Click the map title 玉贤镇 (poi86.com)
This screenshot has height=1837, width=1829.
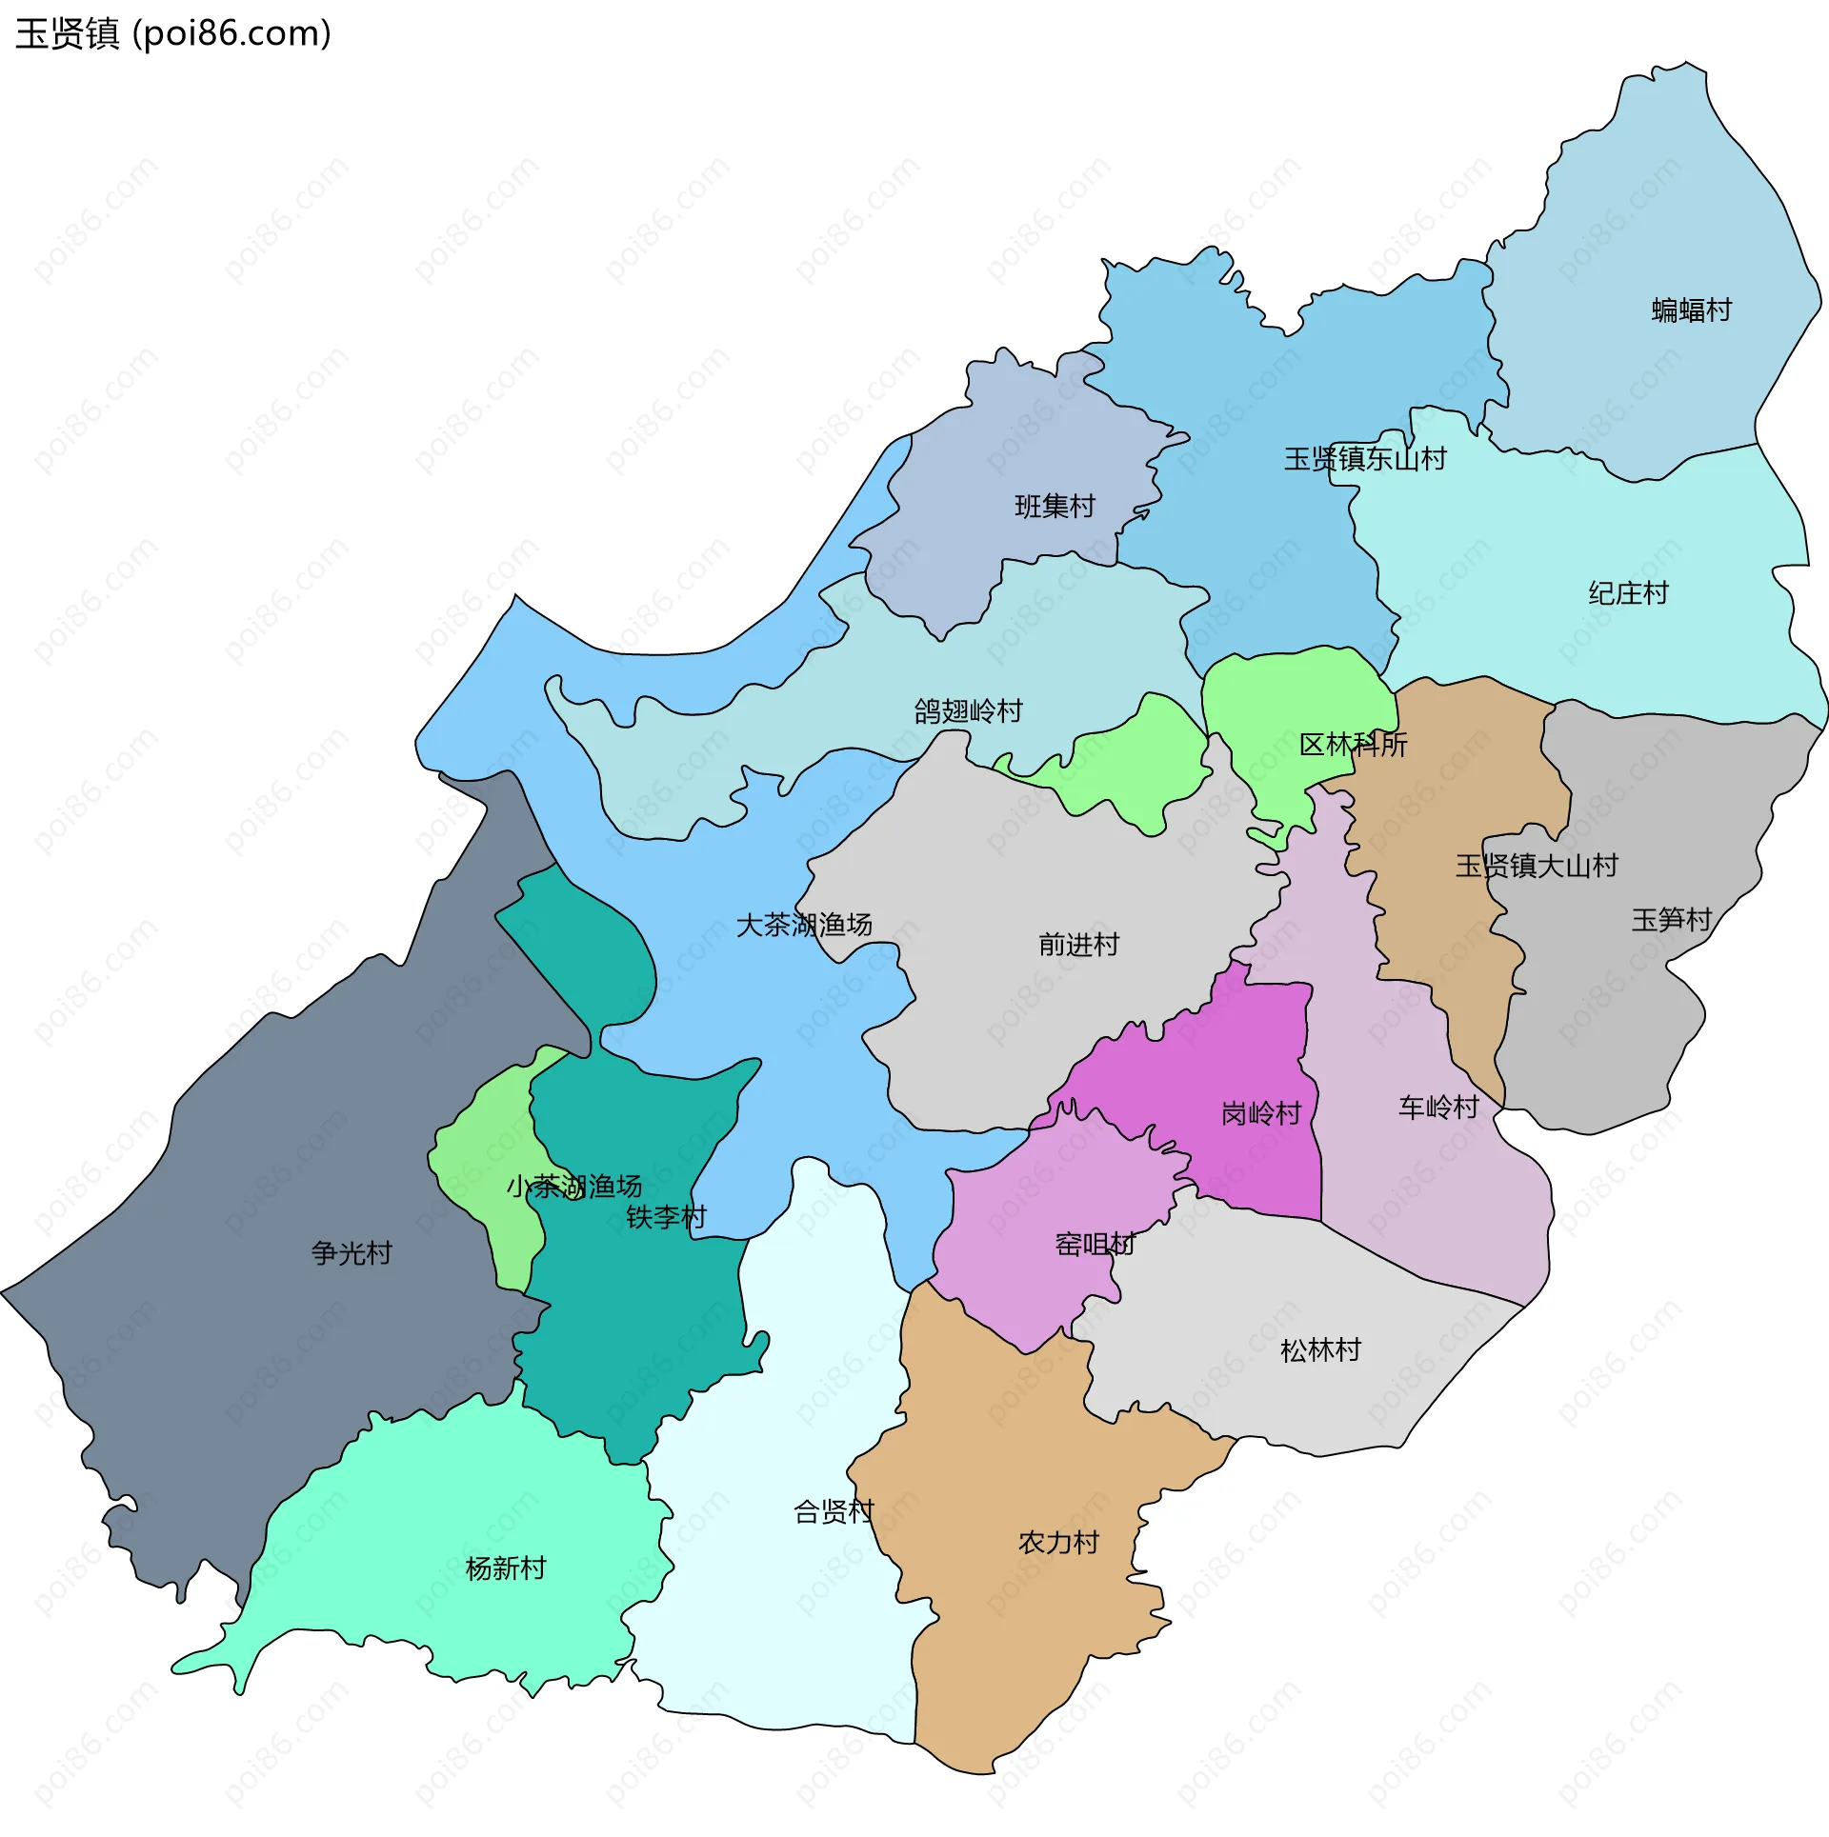[173, 34]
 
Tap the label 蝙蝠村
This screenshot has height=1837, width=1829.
[1691, 310]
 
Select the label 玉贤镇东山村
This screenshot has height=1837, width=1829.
[1364, 459]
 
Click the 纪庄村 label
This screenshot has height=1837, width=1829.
[1628, 593]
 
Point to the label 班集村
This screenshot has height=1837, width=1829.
[1055, 506]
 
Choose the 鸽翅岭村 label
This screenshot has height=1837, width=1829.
[968, 710]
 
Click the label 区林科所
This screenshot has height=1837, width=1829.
[1353, 745]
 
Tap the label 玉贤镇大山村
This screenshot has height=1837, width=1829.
[1536, 866]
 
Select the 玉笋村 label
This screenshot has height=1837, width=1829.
[1671, 920]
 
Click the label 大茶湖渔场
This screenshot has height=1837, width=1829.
[804, 925]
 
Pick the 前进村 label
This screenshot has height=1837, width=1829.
[1078, 945]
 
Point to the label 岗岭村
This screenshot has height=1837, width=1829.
[1261, 1113]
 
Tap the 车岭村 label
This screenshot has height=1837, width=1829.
[1438, 1107]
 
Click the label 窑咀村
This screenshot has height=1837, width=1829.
[1095, 1244]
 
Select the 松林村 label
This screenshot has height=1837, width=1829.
[1320, 1349]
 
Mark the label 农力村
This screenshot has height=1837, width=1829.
[1058, 1542]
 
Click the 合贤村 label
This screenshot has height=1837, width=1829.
[834, 1511]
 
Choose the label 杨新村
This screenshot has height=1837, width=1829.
[505, 1567]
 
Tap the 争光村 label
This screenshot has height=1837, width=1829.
[352, 1252]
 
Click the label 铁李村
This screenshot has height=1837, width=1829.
[666, 1217]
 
